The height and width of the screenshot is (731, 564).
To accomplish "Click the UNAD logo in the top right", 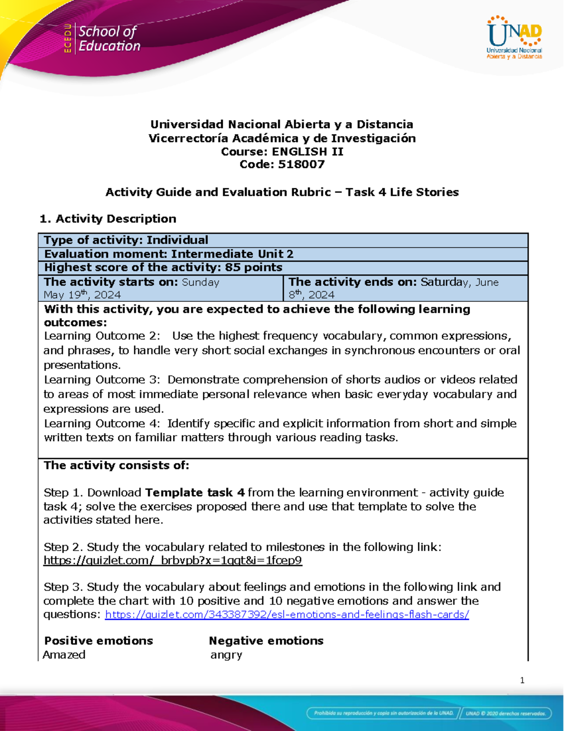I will tap(514, 37).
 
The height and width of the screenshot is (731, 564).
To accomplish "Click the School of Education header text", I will tap(109, 39).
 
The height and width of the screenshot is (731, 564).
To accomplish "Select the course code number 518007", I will tap(301, 164).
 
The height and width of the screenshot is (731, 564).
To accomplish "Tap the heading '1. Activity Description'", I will tap(108, 219).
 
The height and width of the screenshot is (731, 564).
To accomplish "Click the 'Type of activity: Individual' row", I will tap(126, 240).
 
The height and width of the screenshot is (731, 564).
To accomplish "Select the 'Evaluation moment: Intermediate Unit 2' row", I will tap(169, 254).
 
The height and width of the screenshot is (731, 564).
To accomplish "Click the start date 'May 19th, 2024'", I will tap(82, 295).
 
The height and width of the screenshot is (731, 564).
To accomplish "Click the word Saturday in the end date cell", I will tap(445, 282).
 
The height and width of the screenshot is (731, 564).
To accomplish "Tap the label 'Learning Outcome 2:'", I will tap(102, 336).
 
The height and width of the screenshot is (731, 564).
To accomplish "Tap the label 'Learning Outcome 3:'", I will tap(102, 380).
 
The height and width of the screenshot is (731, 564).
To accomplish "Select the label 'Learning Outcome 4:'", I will tap(102, 424).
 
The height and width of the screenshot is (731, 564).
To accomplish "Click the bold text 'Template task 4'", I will tap(195, 493).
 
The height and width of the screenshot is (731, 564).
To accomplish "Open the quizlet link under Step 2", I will tap(172, 561).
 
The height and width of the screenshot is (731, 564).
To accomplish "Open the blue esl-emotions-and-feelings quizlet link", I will tap(287, 615).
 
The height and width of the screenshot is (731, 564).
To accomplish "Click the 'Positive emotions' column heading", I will tap(99, 641).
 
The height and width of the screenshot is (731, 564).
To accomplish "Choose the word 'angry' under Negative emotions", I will tap(227, 655).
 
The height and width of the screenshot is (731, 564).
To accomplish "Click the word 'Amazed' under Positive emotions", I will tap(64, 655).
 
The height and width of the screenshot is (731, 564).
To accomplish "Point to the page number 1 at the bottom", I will tap(522, 680).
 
